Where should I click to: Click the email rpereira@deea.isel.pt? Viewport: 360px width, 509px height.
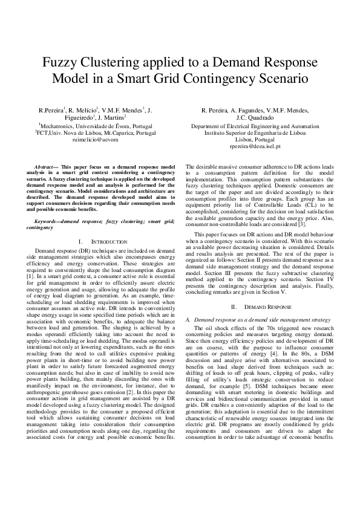[x=263, y=146]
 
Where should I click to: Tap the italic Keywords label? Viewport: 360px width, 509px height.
[x=48, y=222]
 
